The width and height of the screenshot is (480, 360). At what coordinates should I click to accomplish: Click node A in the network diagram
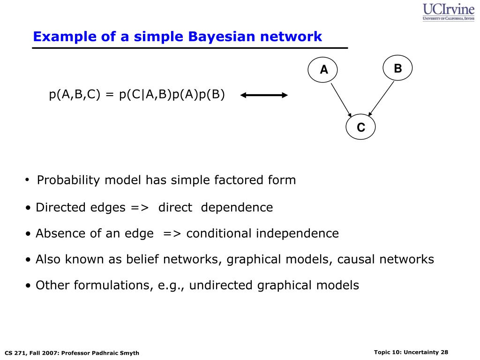pos(323,70)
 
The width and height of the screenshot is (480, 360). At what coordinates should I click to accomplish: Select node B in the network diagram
pos(397,68)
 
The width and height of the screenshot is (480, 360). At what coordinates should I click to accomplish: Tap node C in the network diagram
pos(360,127)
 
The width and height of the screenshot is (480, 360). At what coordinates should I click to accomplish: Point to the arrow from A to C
pos(341,99)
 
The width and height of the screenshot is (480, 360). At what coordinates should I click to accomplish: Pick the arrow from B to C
pos(381,98)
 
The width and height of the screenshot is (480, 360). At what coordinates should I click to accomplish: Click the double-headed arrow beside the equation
pos(264,96)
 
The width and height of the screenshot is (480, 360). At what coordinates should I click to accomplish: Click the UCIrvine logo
pos(448,12)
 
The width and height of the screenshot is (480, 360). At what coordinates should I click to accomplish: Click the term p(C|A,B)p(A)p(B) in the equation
pos(172,95)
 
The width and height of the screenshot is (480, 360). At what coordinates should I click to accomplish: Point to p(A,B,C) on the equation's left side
pos(75,95)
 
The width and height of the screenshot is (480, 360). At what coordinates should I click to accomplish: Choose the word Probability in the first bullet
pos(68,180)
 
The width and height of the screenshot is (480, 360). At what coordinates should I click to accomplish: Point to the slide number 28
pos(444,352)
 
